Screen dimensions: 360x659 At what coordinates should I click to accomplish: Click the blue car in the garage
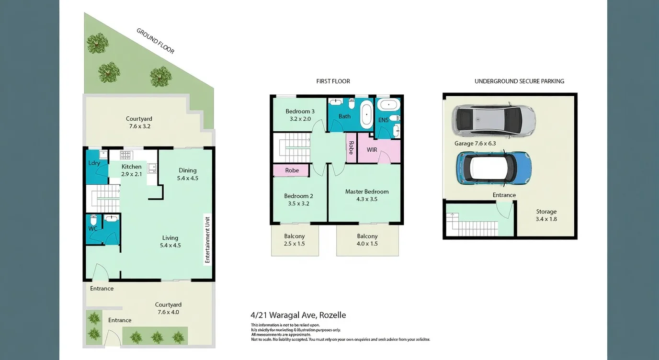coord(493,168)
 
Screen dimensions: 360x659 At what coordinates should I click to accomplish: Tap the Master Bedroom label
coord(367,191)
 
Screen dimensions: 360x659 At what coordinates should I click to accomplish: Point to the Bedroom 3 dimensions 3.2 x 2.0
coord(300,119)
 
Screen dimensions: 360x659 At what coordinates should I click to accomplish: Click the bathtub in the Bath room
coord(366,115)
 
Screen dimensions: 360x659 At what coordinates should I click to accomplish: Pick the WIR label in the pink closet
coord(372,150)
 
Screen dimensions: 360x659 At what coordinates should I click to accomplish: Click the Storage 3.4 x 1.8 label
coord(546,215)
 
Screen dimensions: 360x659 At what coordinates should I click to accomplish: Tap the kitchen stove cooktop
coord(125,155)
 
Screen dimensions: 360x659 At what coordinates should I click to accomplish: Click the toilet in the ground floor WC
coord(93,221)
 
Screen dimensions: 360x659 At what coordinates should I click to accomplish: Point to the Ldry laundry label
coord(94,163)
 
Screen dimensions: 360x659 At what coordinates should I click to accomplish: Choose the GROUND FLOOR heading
coord(155,41)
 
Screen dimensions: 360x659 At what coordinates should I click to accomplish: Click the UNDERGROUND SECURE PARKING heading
coord(519,81)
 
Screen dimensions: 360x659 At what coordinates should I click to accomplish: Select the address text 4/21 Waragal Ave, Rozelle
coord(298,315)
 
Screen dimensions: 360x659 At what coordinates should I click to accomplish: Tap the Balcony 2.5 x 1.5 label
coord(295,240)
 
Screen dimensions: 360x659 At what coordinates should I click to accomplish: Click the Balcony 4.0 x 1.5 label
coord(367,240)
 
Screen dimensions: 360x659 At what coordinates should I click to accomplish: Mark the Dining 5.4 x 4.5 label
coord(187,174)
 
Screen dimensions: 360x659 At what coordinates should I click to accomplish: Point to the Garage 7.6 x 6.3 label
coord(475,143)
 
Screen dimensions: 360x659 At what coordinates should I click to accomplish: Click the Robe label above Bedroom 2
coord(292,170)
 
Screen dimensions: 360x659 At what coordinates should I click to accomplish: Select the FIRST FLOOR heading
coord(333,81)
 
